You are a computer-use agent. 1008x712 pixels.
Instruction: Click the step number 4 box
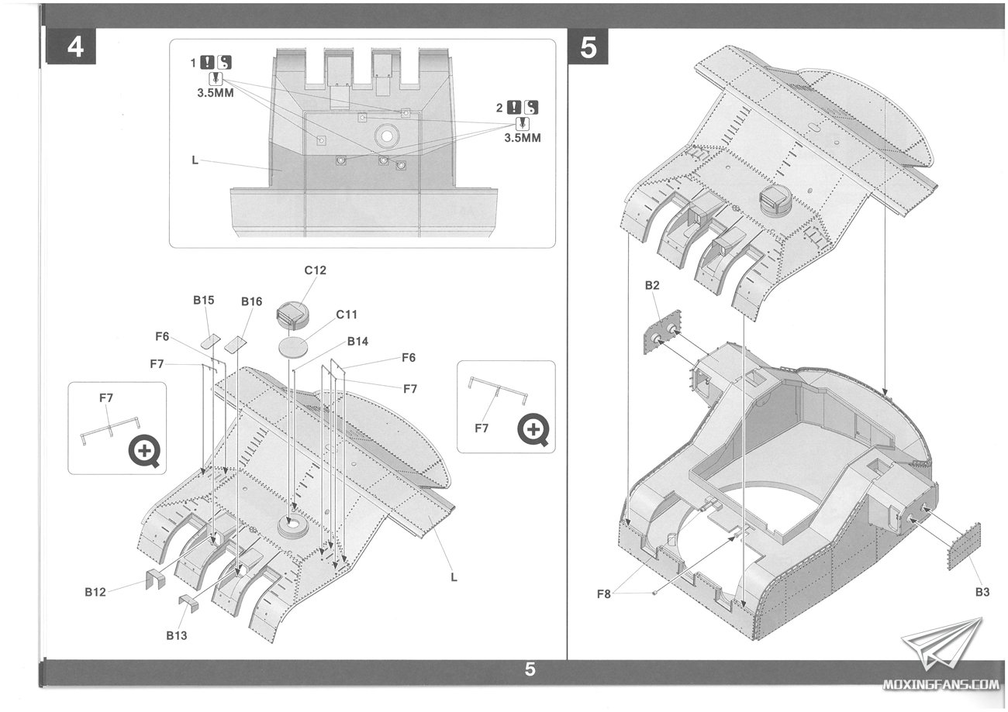pos(75,47)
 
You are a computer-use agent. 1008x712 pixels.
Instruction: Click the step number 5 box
pos(589,47)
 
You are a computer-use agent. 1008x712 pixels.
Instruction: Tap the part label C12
pos(315,270)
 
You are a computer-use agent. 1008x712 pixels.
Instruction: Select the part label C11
pos(346,315)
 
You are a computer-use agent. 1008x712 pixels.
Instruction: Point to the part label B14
pos(357,341)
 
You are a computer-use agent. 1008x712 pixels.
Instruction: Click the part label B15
pos(203,300)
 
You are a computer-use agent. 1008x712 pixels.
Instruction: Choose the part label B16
pos(251,301)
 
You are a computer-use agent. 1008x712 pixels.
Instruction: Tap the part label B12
pos(95,593)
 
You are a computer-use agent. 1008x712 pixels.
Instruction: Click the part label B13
pos(176,635)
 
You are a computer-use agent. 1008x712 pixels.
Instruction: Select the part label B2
pos(652,285)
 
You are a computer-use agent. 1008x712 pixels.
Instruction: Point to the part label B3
pos(982,592)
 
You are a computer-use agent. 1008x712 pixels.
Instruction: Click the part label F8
pos(605,594)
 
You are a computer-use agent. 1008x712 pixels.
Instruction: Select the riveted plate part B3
pos(965,546)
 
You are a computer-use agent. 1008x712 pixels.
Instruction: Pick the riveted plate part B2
pos(661,333)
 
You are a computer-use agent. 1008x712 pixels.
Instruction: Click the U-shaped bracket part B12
pos(154,579)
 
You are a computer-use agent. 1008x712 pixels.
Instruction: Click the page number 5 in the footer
pos(530,669)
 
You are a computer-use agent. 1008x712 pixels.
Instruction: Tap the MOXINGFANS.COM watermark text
pos(941,685)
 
